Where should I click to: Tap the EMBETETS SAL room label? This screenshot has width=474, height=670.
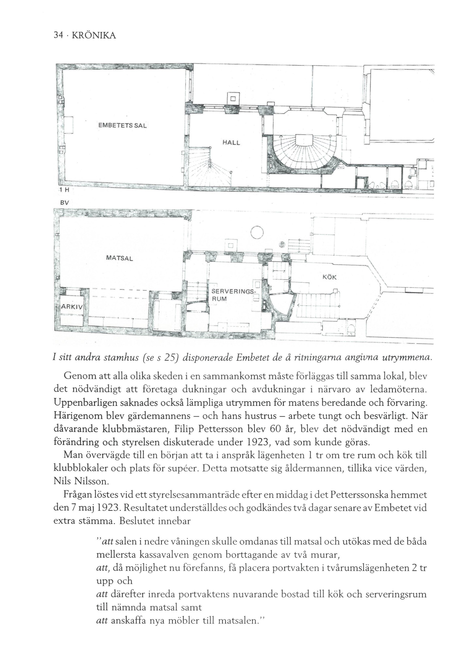click(122, 126)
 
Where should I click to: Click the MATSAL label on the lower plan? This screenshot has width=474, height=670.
click(120, 258)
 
